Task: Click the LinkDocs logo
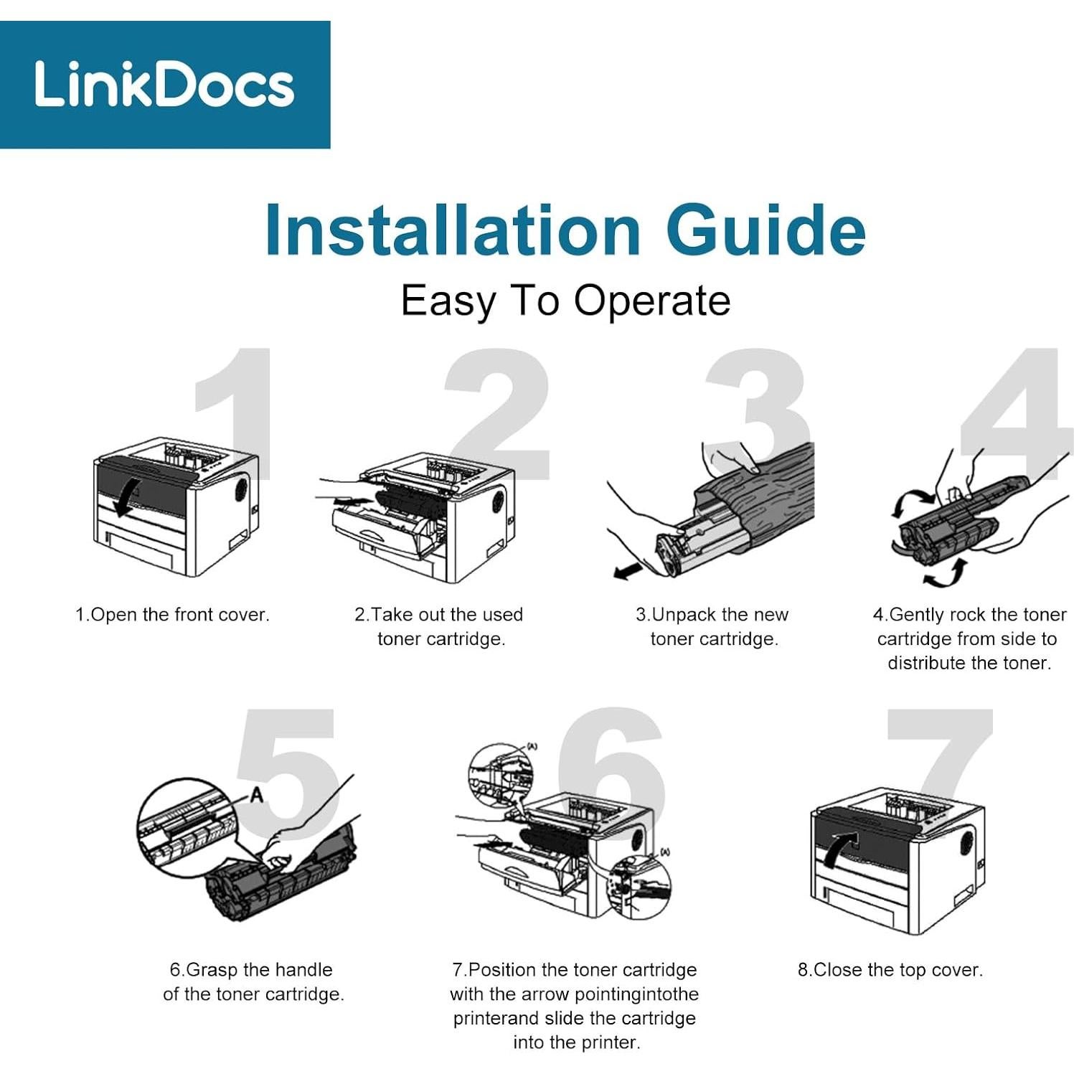[165, 85]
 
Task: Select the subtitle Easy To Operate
[565, 301]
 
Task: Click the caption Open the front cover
[172, 615]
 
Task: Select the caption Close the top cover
[890, 970]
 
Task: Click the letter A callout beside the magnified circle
[256, 794]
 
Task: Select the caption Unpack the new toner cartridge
[712, 627]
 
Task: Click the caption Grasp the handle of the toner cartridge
[253, 982]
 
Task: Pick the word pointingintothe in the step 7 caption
[627, 994]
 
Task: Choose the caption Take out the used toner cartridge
[440, 627]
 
